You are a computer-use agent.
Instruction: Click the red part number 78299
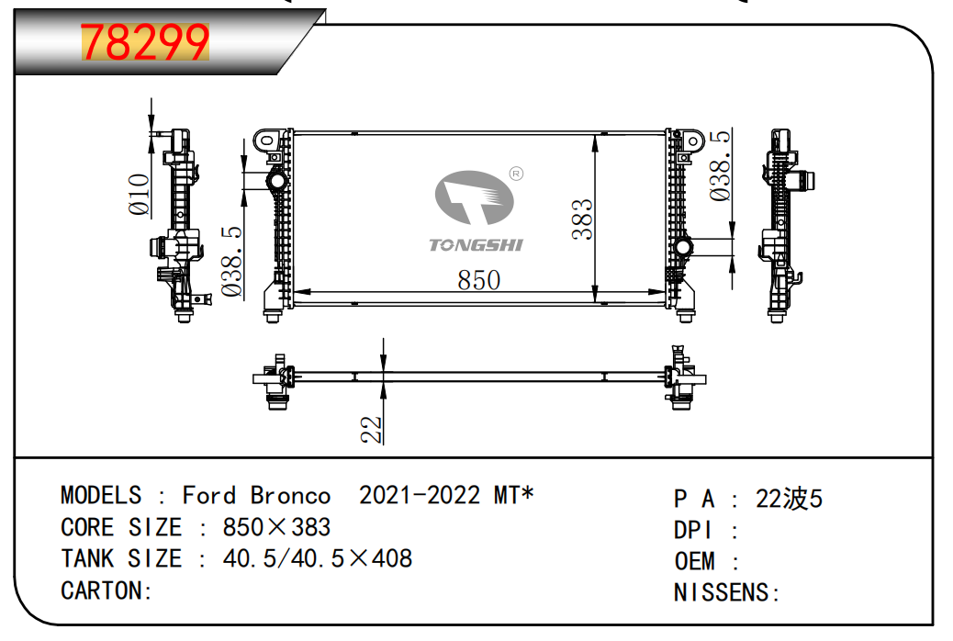point(146,42)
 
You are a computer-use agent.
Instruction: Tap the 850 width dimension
point(478,280)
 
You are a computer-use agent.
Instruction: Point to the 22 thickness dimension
point(371,429)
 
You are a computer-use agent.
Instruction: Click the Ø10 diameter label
point(140,194)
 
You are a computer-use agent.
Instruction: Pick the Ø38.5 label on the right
point(721,166)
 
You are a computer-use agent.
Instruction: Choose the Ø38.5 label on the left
point(231,263)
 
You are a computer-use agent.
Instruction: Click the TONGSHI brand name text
point(476,244)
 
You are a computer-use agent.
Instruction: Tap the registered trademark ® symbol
point(516,174)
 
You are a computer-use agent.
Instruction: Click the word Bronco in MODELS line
point(290,496)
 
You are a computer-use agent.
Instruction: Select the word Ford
point(209,496)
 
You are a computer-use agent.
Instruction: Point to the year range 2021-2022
point(420,496)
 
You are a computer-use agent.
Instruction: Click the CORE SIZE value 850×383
point(276,528)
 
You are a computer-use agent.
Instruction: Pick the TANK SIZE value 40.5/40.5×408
point(317,558)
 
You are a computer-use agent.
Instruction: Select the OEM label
point(695,561)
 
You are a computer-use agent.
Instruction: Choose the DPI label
point(693,530)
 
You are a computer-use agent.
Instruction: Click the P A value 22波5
point(789,499)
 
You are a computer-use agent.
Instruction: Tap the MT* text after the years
point(514,496)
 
